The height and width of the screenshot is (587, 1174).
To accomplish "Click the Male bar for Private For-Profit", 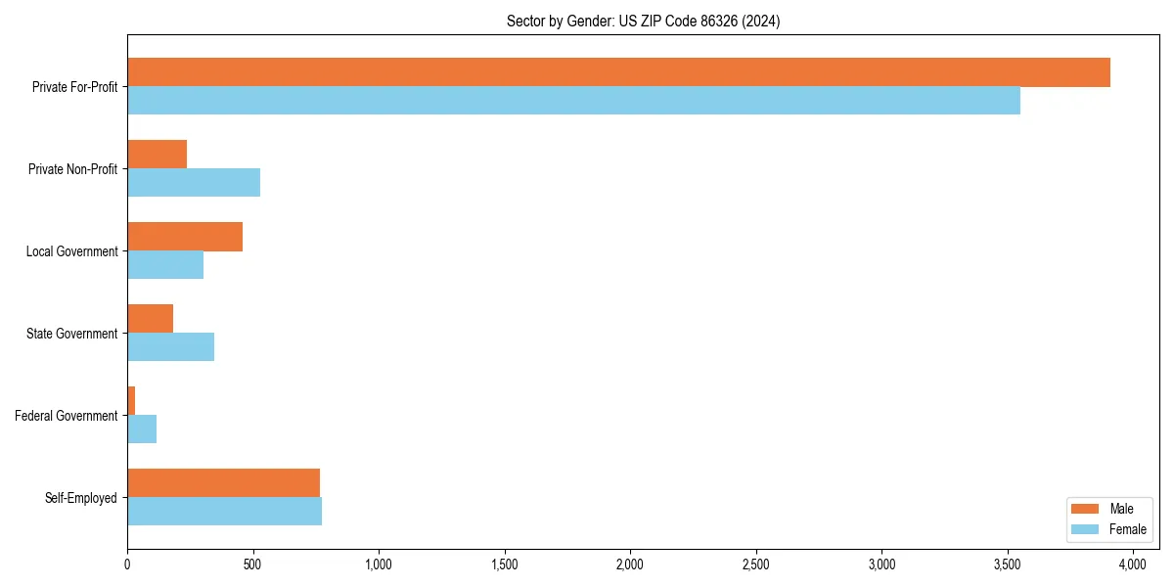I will click(x=618, y=72).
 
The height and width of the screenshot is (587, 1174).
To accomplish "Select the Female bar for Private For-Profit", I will click(x=573, y=101).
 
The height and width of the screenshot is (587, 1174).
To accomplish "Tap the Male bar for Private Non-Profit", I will click(x=157, y=155).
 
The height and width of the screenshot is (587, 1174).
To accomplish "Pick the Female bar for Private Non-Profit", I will click(x=194, y=183).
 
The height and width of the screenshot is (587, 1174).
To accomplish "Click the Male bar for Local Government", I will click(x=185, y=237).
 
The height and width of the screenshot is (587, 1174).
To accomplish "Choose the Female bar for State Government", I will click(x=170, y=347).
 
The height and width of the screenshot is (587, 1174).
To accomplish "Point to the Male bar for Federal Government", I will click(x=131, y=401).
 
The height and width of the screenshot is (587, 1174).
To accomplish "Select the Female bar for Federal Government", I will click(x=142, y=429).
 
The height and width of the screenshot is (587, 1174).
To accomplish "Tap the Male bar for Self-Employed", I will click(x=223, y=483).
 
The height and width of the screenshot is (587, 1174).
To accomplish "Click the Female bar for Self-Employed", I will click(x=224, y=512).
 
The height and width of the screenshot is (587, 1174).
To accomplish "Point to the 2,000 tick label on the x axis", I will click(x=630, y=564).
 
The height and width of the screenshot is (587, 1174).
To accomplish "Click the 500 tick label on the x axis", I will click(x=253, y=564).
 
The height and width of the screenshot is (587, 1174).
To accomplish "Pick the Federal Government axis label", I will click(x=67, y=416).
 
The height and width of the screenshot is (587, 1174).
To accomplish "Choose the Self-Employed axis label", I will click(x=81, y=498).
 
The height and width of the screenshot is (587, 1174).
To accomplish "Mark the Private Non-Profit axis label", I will click(x=73, y=169).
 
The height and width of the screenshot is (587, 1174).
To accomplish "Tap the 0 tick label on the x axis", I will click(x=127, y=564).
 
